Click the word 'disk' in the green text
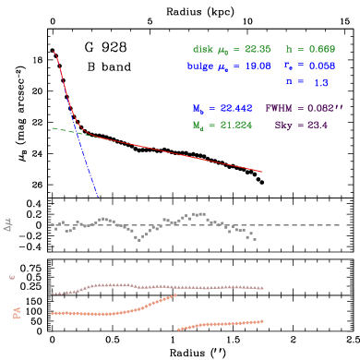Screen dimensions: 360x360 (202, 49)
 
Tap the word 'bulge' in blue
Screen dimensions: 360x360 (200, 66)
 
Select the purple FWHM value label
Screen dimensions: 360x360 (304, 108)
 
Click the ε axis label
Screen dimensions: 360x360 (12, 276)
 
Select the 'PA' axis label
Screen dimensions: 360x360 (16, 314)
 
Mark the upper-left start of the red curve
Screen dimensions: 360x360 (54, 52)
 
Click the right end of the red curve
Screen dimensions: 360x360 (263, 171)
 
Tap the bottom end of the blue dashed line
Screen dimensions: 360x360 (98, 196)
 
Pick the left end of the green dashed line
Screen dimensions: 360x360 (52, 128)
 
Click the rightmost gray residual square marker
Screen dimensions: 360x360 (255, 239)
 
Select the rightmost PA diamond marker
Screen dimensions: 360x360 (263, 321)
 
